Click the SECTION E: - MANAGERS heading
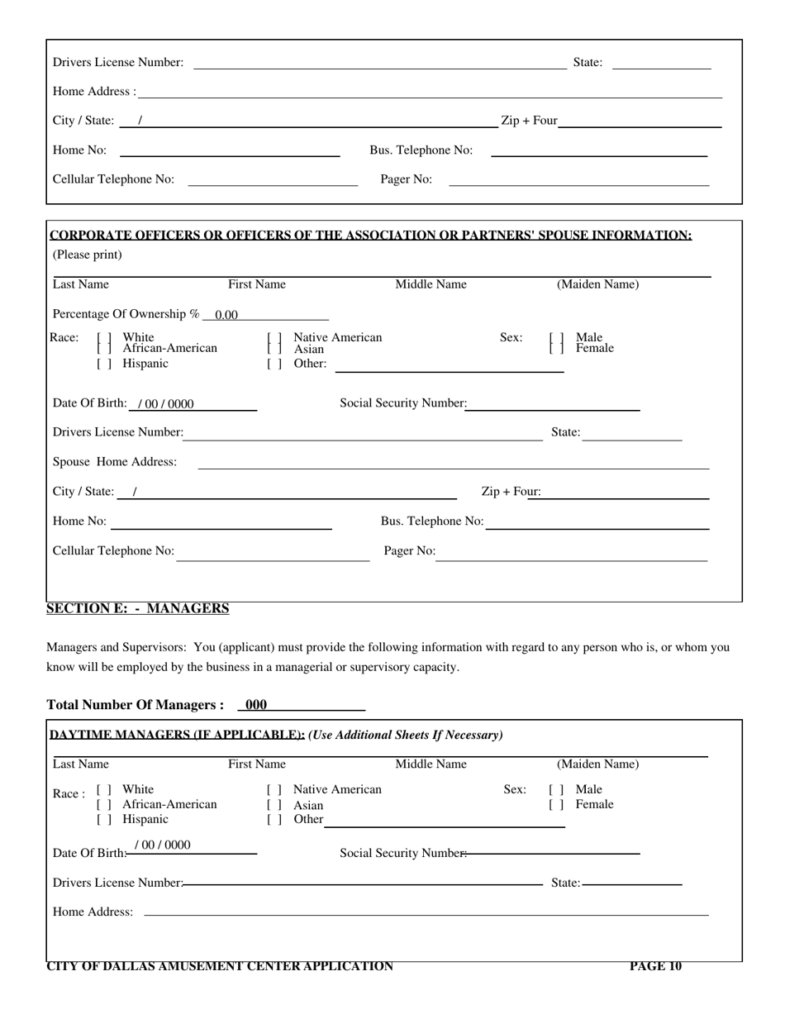pyautogui.click(x=138, y=609)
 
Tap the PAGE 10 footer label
pyautogui.click(x=655, y=966)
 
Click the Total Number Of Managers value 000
pyautogui.click(x=256, y=705)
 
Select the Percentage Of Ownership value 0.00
pyautogui.click(x=226, y=315)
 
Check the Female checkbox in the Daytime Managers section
pyautogui.click(x=556, y=804)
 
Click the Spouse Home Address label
pyautogui.click(x=115, y=462)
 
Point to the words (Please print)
pyautogui.click(x=88, y=255)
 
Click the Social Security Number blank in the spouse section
pyautogui.click(x=553, y=403)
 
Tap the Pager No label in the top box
pyautogui.click(x=406, y=179)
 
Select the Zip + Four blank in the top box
pyautogui.click(x=640, y=121)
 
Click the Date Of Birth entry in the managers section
pyautogui.click(x=167, y=845)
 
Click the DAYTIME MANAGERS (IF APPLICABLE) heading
pyautogui.click(x=177, y=735)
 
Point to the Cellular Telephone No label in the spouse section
pyautogui.click(x=114, y=551)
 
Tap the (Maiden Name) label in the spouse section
pyautogui.click(x=597, y=285)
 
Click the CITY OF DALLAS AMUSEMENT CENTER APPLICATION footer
pyautogui.click(x=220, y=966)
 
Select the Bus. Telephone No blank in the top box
pyautogui.click(x=599, y=150)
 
